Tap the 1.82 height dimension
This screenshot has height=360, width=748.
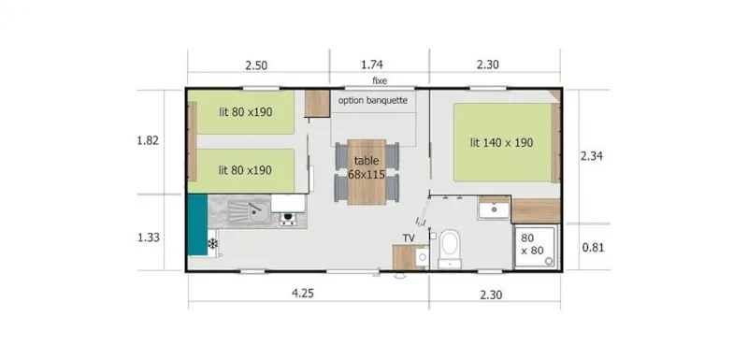[148, 141]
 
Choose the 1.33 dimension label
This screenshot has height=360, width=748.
[148, 238]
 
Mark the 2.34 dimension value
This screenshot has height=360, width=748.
[592, 156]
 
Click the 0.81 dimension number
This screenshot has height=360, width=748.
[592, 247]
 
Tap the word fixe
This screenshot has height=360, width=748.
[380, 81]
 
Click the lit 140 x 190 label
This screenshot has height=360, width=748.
[501, 143]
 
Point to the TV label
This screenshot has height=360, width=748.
[409, 238]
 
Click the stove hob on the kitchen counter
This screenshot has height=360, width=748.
[288, 219]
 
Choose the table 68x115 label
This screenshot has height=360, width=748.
[367, 167]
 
